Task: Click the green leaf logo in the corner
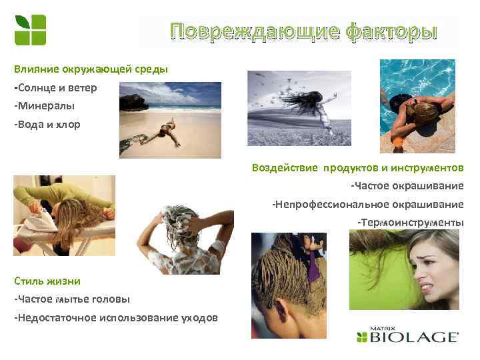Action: point(30,30)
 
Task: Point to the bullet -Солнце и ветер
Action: point(55,87)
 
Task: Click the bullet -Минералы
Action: point(44,105)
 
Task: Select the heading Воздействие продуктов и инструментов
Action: point(357,167)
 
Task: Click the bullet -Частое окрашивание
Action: point(407,185)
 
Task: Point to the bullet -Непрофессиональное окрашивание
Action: point(367,203)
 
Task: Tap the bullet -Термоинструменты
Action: point(410,221)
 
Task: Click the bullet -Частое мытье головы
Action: point(72,299)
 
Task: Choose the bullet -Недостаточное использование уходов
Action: point(115,317)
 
